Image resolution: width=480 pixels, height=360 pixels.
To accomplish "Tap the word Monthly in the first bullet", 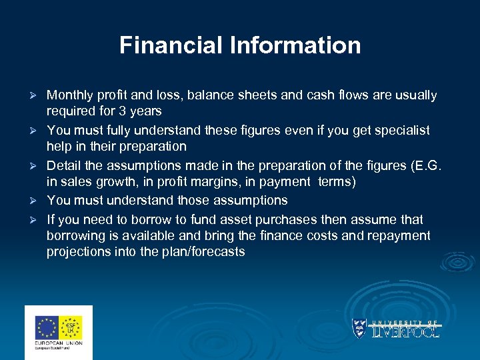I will point(70,95).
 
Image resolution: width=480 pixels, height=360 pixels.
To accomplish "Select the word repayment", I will point(398,235).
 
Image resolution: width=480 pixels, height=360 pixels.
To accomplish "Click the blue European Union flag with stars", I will point(47,327).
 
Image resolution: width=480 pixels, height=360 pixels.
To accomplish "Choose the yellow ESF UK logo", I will point(71,327).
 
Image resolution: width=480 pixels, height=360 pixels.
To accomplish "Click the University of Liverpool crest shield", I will point(359,328).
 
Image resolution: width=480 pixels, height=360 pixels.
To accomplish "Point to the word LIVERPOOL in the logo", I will point(405,331).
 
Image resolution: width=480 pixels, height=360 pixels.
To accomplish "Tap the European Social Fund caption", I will point(59,349).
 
